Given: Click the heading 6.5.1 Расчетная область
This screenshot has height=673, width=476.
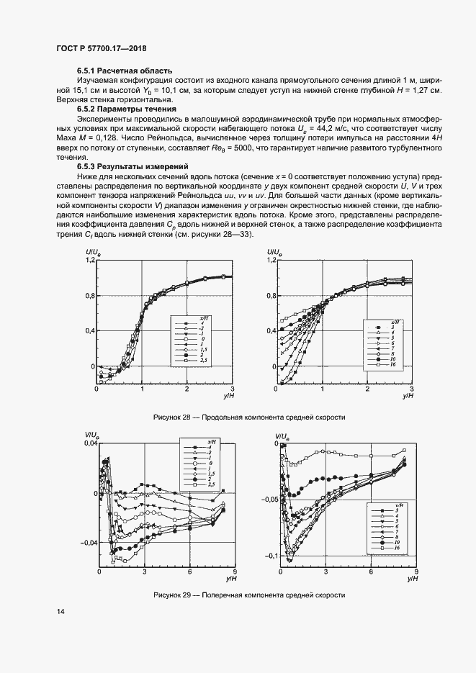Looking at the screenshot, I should [124, 70].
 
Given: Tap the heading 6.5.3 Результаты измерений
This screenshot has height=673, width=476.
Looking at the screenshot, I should [133, 166].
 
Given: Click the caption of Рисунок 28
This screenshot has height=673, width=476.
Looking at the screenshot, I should [249, 417].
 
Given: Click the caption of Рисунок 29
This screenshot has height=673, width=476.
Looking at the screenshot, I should [249, 596].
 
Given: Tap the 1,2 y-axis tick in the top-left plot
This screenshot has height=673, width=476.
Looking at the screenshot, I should [90, 260].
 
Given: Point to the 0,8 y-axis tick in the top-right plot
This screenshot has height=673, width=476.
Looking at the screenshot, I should [271, 296].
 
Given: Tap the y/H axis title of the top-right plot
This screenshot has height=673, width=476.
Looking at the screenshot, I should [408, 396].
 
